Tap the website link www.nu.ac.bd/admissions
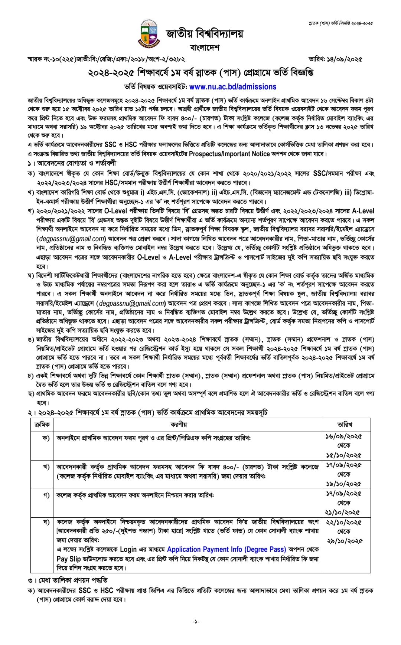[x=233, y=87]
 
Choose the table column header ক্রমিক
[x=42, y=424]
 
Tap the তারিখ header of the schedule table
[x=345, y=424]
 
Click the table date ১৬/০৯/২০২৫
[x=343, y=436]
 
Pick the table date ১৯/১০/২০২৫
[x=343, y=484]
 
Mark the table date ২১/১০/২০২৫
[x=343, y=513]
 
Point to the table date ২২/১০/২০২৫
[x=343, y=522]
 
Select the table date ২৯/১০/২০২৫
[x=343, y=541]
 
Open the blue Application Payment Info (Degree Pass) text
[x=226, y=549]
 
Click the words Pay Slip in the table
[x=69, y=559]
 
